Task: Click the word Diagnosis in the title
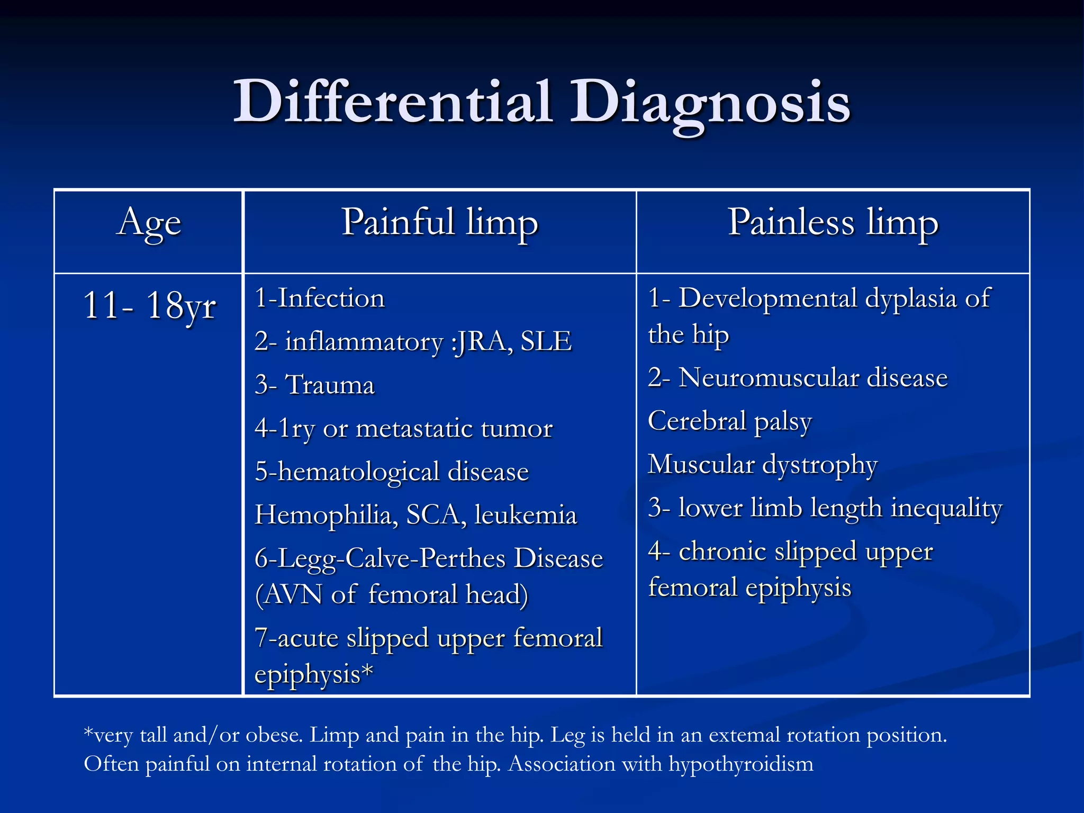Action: coord(709,102)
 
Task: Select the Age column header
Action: coord(149,223)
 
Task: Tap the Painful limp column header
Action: coord(439,223)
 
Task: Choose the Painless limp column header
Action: coord(833,223)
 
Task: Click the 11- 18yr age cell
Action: coord(149,306)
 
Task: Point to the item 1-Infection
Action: coord(319,298)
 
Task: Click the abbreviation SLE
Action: coord(546,341)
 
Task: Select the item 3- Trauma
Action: coord(314,385)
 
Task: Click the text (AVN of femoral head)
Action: coord(391,594)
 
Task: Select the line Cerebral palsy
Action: coord(729,421)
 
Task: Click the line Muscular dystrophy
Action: coord(762,465)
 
